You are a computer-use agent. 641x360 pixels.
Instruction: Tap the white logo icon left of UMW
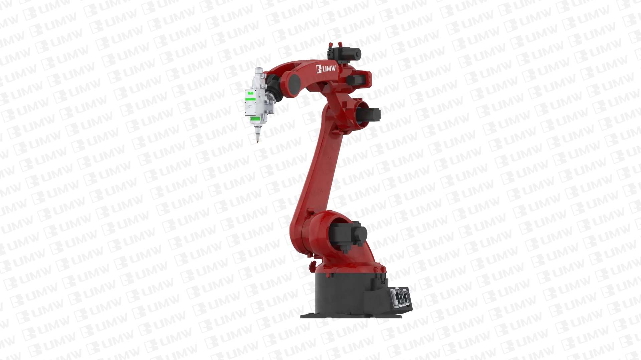(319, 69)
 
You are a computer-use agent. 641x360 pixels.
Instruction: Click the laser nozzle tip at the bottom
(257, 142)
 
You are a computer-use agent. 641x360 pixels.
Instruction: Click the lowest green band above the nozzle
(256, 119)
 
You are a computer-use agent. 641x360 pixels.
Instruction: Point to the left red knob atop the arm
(330, 44)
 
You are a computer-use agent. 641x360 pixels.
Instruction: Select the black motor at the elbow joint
(369, 114)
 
